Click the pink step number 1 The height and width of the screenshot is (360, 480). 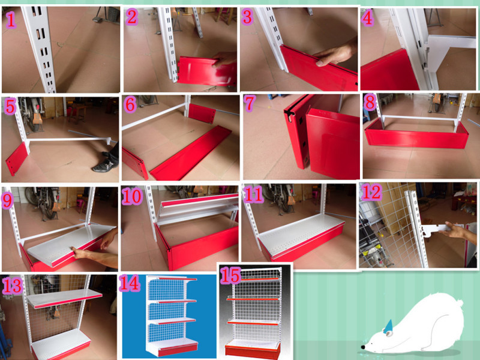point(11,20)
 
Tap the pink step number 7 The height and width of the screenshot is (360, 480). point(250,103)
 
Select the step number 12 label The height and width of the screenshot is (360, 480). point(371,192)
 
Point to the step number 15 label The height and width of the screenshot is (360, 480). point(230,275)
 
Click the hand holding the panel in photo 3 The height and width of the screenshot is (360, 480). point(336,54)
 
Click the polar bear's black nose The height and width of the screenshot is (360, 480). point(363,347)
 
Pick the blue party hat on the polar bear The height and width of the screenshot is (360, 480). point(388,326)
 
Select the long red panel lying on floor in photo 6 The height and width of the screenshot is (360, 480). point(190,153)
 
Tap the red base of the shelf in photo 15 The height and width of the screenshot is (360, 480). point(253,352)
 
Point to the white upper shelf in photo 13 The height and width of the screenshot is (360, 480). point(65,298)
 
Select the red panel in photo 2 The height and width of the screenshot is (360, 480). point(207,71)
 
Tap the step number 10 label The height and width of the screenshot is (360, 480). point(132,196)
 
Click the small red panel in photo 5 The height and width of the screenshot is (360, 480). point(17,158)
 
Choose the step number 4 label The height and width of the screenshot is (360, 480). point(367,18)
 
